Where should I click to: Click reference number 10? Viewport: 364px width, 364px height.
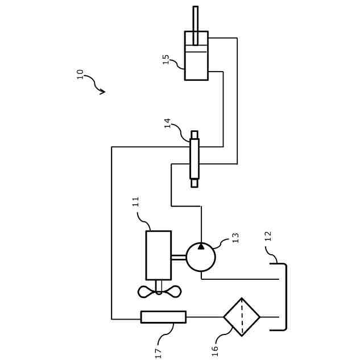[x=80, y=74]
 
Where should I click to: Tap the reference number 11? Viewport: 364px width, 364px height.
[x=136, y=202]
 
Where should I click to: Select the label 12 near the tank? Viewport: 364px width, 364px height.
[x=268, y=236]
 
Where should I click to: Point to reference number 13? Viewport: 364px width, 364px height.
[x=235, y=238]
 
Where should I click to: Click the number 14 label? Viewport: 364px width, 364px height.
[x=168, y=123]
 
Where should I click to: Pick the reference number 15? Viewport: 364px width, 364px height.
[x=166, y=59]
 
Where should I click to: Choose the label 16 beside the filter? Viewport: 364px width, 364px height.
[x=215, y=351]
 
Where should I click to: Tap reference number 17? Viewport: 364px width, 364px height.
[x=159, y=354]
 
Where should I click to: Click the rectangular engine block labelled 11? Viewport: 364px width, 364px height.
[x=158, y=255]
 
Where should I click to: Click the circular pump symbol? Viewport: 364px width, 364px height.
[x=201, y=257]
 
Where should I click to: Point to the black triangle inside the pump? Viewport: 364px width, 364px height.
[x=201, y=246]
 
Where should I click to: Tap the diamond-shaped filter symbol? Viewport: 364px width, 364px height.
[x=242, y=317]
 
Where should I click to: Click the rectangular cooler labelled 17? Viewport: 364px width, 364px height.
[x=163, y=317]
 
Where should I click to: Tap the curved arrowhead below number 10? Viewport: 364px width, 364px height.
[x=102, y=91]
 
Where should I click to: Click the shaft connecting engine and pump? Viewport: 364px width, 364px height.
[x=179, y=257]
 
